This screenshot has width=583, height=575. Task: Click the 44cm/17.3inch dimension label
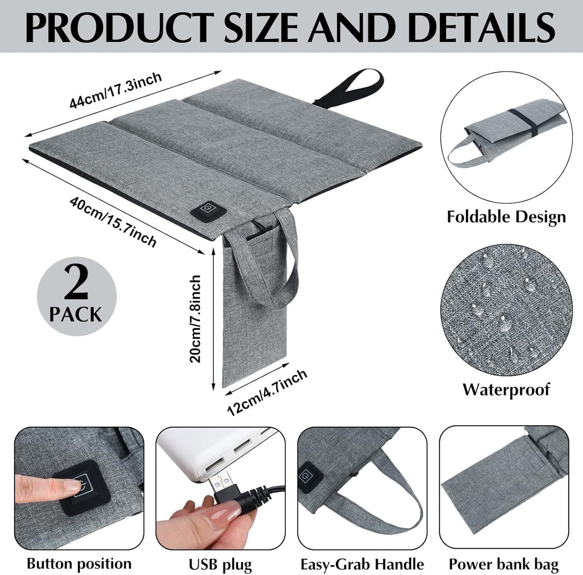pos(115,90)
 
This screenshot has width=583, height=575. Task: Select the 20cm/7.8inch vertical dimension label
pos(195,319)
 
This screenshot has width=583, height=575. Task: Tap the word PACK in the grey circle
pos(76,315)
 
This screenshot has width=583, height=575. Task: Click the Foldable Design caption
pos(506,217)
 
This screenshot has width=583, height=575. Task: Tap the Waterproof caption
pos(506,389)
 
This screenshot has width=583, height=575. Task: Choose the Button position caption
pos(79,563)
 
